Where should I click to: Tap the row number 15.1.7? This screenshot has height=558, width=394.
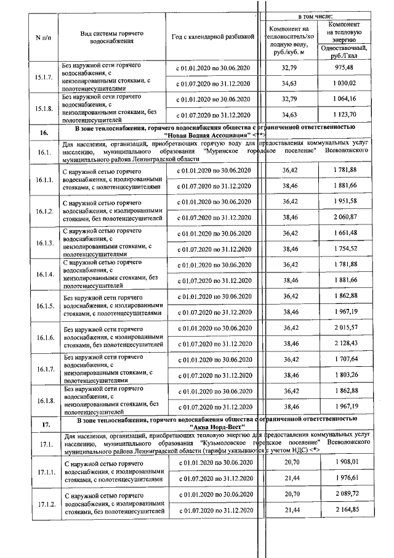pyautogui.click(x=44, y=76)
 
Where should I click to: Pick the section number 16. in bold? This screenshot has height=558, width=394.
pyautogui.click(x=44, y=133)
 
